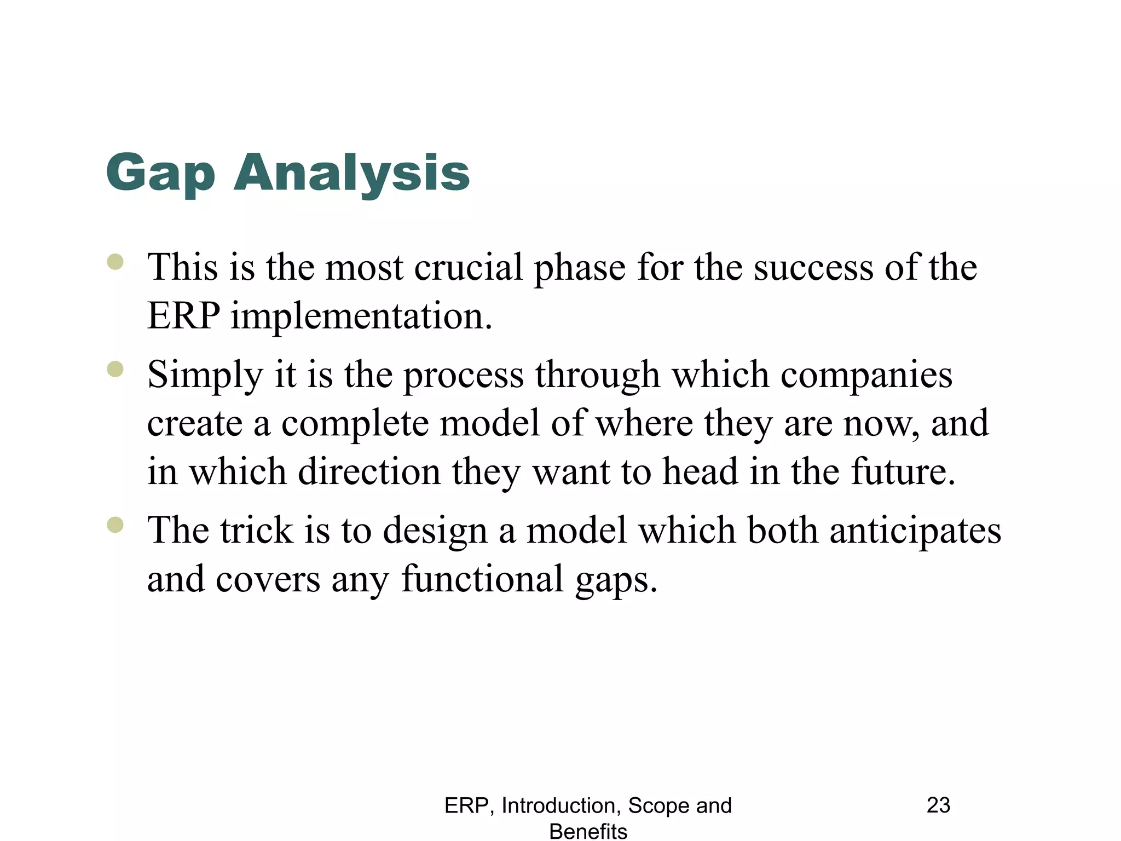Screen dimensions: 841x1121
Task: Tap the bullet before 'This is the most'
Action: [x=115, y=262]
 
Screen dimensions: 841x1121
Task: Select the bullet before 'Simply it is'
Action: [x=115, y=369]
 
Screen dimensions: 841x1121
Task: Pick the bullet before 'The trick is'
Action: [x=115, y=525]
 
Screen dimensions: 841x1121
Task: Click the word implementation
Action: [x=361, y=316]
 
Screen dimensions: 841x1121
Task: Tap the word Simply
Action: [x=205, y=376]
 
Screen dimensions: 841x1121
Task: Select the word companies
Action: [x=866, y=376]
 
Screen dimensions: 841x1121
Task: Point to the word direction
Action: [x=369, y=472]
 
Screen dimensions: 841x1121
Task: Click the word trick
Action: [x=256, y=531]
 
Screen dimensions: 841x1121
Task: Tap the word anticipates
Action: [x=915, y=531]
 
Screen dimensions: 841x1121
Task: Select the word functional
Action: [x=482, y=579]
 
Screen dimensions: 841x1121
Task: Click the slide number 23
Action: [x=938, y=805]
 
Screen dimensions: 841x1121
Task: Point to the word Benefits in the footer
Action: [x=588, y=831]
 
